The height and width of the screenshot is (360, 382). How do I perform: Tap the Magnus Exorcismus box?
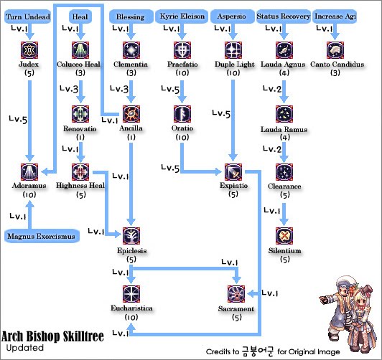pos(41,236)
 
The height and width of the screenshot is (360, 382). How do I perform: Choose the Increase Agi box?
pos(336,16)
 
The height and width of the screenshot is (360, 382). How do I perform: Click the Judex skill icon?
pos(30,50)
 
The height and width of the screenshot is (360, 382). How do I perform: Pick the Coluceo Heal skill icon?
pos(81,50)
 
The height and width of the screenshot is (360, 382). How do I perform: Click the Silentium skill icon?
pos(286,236)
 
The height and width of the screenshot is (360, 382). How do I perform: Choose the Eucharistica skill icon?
pos(131,294)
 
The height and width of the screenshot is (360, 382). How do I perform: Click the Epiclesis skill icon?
pos(131,236)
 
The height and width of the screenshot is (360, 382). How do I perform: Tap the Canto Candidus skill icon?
pos(336,50)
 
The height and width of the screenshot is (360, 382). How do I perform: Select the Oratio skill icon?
pos(182,113)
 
